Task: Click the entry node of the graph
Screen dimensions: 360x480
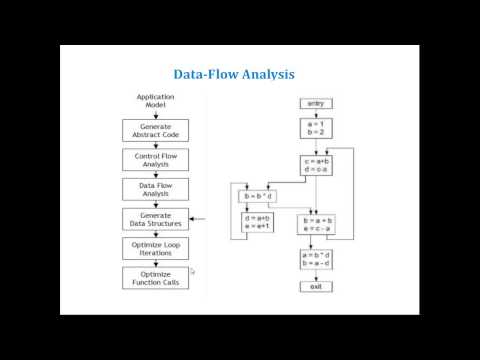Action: [x=316, y=103]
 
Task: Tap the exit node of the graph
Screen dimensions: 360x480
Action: [x=316, y=287]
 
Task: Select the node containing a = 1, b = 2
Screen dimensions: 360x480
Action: [x=316, y=128]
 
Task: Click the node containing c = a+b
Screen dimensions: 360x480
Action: [x=316, y=165]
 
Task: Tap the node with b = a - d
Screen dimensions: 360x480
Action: [x=316, y=259]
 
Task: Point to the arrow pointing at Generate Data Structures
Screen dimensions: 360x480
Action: [x=197, y=219]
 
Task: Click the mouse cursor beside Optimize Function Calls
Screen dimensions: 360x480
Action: [x=191, y=270]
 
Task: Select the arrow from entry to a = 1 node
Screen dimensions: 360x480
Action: [x=316, y=113]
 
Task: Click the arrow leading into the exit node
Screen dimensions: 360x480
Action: [x=316, y=276]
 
